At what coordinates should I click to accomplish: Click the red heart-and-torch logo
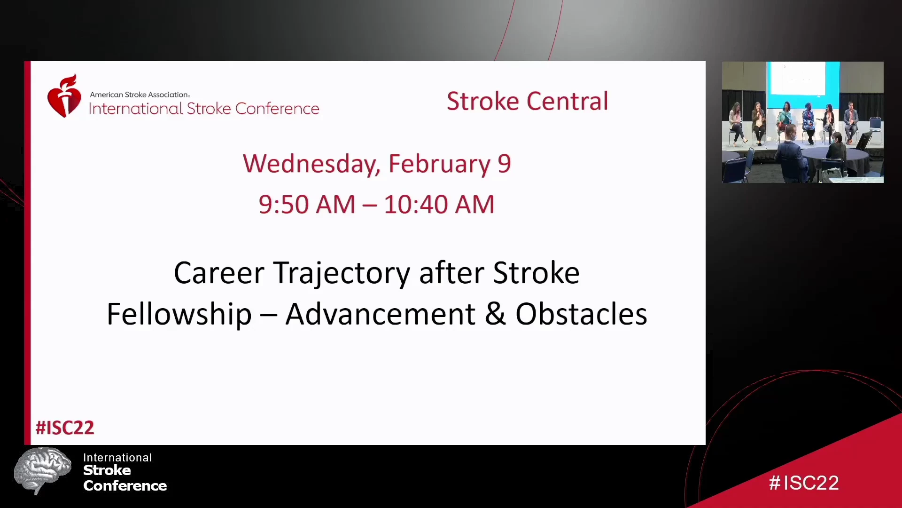(64, 96)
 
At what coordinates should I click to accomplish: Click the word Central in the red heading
(568, 101)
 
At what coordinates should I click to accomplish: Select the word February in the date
(439, 164)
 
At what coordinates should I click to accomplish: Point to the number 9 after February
(504, 164)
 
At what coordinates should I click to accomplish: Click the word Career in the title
(219, 273)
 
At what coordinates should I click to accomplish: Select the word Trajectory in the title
(342, 274)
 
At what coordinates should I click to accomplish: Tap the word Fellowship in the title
(179, 314)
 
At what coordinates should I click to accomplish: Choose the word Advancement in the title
(380, 314)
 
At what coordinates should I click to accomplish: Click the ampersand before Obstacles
(495, 314)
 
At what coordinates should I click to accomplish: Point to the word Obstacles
(581, 314)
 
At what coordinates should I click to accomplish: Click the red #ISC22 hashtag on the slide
(65, 428)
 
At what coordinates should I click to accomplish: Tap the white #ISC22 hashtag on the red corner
(804, 483)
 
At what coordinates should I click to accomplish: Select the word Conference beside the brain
(125, 486)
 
